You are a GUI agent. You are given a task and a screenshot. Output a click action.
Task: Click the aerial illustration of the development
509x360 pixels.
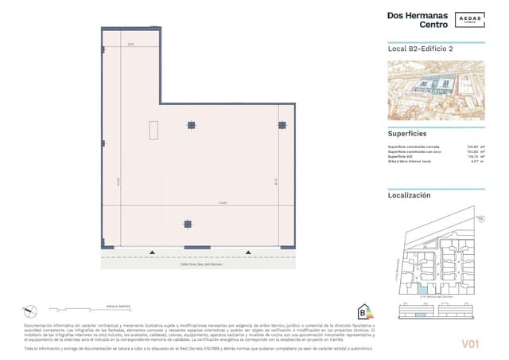tap(435, 90)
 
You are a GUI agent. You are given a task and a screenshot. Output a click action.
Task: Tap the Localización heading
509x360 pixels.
tap(409, 194)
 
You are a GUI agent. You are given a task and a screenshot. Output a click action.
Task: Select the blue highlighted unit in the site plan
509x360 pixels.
tap(422, 288)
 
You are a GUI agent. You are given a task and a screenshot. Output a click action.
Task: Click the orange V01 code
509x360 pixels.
tap(472, 343)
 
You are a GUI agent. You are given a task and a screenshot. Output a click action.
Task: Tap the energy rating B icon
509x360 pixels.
tap(365, 311)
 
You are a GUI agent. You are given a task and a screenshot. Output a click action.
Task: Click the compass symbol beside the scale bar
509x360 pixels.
tap(29, 309)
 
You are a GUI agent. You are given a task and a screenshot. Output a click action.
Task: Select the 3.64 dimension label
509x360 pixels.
tap(131, 44)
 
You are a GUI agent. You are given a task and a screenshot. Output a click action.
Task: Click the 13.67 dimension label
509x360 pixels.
tap(223, 203)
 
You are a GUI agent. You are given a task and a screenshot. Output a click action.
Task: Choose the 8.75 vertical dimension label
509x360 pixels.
tap(274, 181)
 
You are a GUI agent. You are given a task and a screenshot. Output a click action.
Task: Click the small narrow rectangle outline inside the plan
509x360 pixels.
tap(157, 128)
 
